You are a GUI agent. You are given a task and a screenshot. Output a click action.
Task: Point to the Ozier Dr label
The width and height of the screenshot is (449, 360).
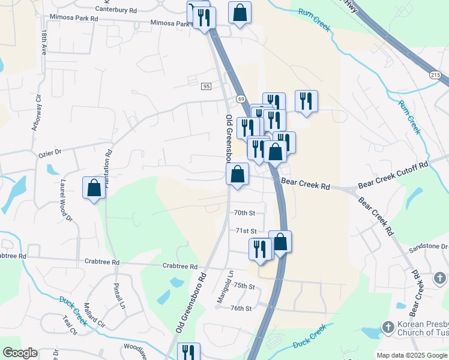[x=50, y=152]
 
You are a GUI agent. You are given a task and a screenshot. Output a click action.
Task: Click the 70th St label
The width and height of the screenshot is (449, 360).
[x=245, y=213]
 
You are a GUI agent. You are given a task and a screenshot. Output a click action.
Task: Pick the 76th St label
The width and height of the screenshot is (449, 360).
[x=241, y=308]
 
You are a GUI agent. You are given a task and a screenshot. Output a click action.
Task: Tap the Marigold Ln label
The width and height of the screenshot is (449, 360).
[x=229, y=286]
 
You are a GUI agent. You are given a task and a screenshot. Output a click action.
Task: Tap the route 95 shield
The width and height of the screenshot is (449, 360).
[x=206, y=86]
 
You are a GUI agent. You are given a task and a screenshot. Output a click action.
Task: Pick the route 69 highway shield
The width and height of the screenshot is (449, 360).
[x=240, y=98]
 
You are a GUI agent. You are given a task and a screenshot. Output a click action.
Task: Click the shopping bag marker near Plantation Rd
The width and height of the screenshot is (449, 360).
[x=94, y=188]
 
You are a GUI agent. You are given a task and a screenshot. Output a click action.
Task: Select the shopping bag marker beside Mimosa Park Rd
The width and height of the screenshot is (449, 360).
[x=240, y=13]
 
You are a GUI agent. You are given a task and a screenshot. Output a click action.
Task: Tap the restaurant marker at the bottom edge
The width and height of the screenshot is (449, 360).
[x=188, y=352]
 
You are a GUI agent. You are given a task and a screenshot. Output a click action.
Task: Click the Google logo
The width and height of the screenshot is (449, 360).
[x=20, y=353]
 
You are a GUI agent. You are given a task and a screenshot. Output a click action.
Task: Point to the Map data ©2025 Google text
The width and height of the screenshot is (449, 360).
[x=412, y=355]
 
